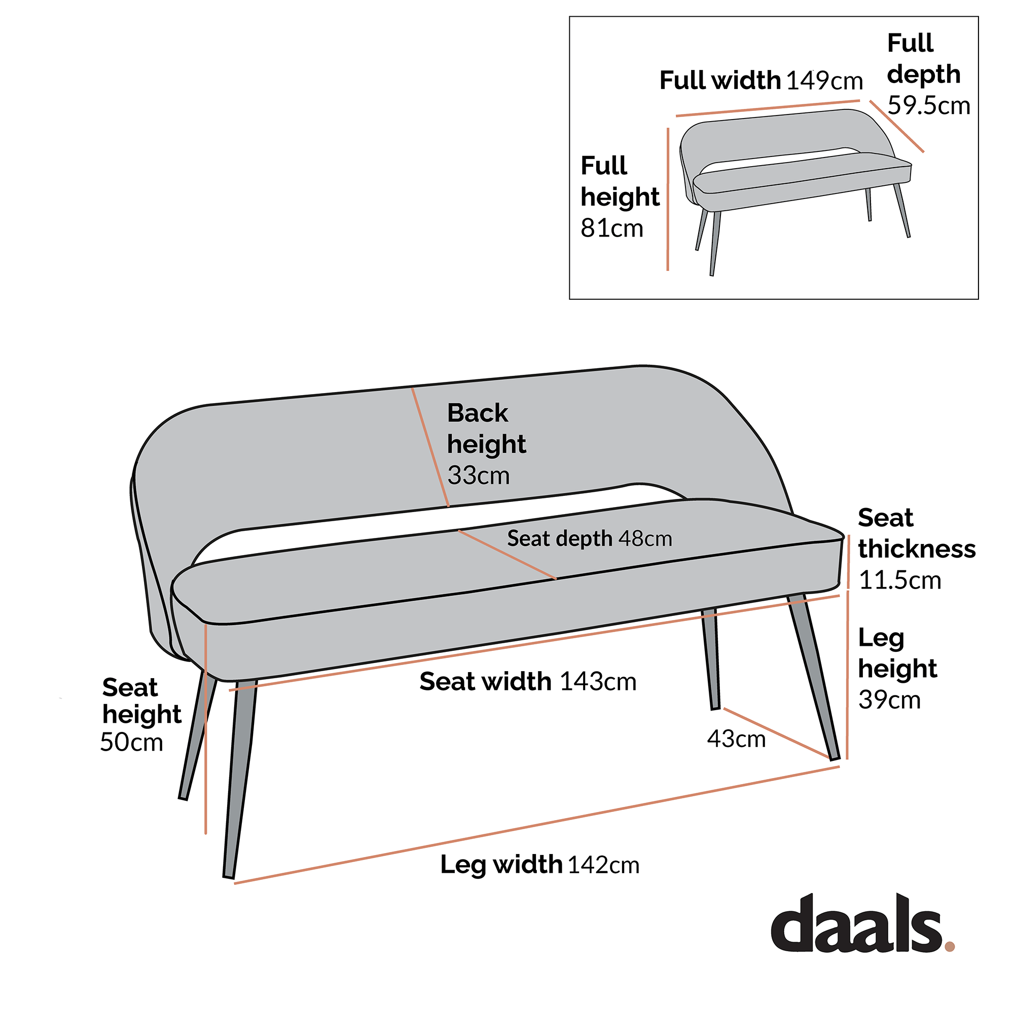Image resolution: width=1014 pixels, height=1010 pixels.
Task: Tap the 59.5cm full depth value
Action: (928, 106)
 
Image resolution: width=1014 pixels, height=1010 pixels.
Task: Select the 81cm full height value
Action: (611, 228)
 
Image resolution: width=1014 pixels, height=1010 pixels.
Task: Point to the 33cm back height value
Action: (478, 476)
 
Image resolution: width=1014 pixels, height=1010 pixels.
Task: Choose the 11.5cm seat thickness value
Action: (899, 580)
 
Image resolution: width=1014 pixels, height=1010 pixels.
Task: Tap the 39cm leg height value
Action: (889, 700)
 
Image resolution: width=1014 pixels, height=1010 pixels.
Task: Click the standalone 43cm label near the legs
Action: (736, 740)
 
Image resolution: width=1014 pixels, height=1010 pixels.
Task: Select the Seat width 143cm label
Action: (527, 682)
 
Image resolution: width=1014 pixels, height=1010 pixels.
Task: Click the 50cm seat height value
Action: (131, 743)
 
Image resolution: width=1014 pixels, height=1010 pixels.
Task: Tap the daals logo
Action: (855, 932)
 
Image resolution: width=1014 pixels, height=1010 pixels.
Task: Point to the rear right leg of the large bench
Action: (711, 661)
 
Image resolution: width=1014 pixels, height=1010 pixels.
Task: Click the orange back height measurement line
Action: (430, 447)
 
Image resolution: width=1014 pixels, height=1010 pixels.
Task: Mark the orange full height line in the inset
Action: (668, 199)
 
